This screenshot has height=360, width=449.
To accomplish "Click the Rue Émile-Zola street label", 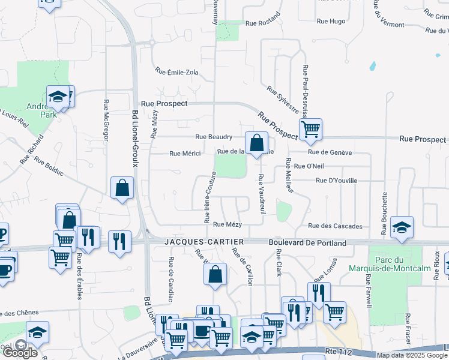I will (176, 72).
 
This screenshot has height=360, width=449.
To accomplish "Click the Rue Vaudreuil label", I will (262, 194).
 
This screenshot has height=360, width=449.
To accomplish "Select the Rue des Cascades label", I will (336, 226).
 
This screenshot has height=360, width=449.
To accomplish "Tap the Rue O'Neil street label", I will (307, 166).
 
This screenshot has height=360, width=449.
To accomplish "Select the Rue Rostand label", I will (263, 23).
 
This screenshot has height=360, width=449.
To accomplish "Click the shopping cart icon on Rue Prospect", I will (310, 128).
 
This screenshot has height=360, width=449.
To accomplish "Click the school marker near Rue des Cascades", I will (402, 227).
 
